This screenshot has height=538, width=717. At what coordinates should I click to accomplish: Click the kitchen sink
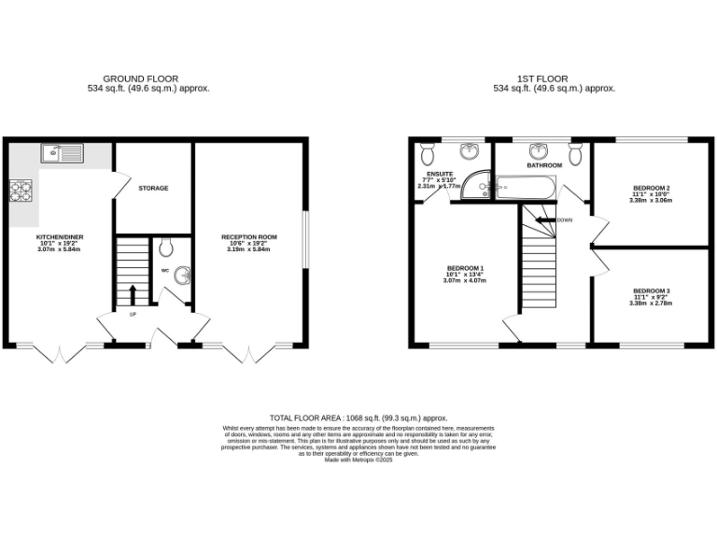tap(62, 152)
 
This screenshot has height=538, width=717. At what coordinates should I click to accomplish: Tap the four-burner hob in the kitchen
tap(21, 191)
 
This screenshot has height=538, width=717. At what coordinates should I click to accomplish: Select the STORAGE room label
tap(153, 189)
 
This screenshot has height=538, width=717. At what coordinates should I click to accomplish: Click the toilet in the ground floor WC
tap(165, 248)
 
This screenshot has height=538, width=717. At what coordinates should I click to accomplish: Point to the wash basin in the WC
tap(184, 275)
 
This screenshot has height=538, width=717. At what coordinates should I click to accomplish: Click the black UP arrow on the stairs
tap(132, 294)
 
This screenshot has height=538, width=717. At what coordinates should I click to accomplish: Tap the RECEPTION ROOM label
tap(249, 237)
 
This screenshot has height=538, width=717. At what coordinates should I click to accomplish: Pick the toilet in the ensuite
tap(428, 151)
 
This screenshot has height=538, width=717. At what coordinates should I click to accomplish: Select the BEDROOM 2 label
tap(650, 189)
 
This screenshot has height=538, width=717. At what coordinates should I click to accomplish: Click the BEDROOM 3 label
tap(650, 290)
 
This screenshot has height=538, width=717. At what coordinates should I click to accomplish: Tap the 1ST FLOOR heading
tap(554, 78)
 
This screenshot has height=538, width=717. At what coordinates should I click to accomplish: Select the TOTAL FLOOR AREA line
tap(358, 418)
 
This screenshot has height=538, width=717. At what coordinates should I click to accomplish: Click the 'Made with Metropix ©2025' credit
tap(358, 460)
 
